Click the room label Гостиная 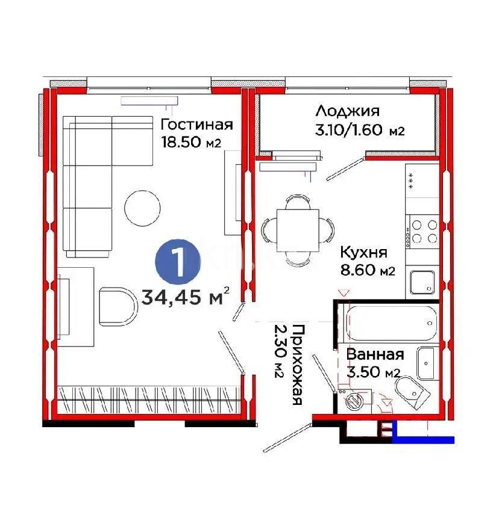click(196, 125)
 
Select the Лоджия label click(347, 111)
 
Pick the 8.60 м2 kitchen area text click(367, 270)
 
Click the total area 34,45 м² click(186, 295)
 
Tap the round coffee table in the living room click(142, 208)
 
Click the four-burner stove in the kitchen click(422, 232)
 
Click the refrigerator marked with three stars click(422, 190)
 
